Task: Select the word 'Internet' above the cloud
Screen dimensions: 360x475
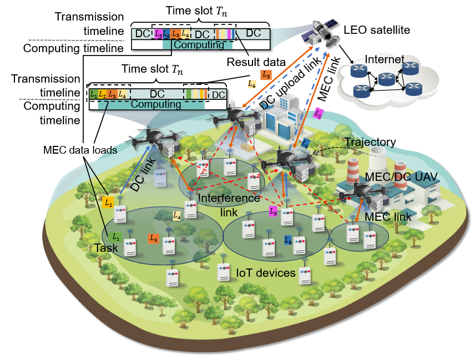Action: [x=383, y=59]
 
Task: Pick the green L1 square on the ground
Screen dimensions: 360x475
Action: [x=116, y=237]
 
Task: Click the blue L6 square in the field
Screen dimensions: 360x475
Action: [x=287, y=240]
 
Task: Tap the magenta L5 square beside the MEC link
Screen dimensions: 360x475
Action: [x=318, y=114]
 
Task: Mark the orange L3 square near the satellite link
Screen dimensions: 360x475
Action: [x=266, y=74]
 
